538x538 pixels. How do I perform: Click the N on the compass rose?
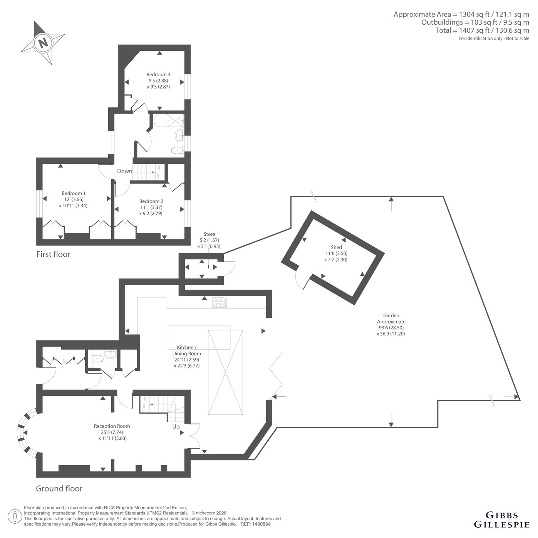(x=43, y=43)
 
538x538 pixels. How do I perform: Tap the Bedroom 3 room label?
(x=158, y=75)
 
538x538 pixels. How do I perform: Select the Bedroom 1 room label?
(x=74, y=193)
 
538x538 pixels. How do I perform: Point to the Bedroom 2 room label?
(x=151, y=201)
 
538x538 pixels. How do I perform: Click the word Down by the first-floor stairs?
(x=124, y=171)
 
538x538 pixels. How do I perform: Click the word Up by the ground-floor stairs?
(x=176, y=427)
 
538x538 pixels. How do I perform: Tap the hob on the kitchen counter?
(x=220, y=302)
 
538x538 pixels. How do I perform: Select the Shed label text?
(x=336, y=247)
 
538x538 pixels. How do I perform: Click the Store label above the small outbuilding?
(x=209, y=234)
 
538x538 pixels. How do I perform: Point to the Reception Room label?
(x=112, y=426)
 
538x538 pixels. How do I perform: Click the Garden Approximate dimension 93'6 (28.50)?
(x=391, y=327)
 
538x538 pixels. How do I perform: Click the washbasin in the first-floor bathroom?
(x=179, y=136)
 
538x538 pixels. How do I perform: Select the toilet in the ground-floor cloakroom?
(x=97, y=358)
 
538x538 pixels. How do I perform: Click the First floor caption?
(x=53, y=254)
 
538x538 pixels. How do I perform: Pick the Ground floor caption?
(x=59, y=488)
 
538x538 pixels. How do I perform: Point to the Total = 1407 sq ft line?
(x=482, y=30)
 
